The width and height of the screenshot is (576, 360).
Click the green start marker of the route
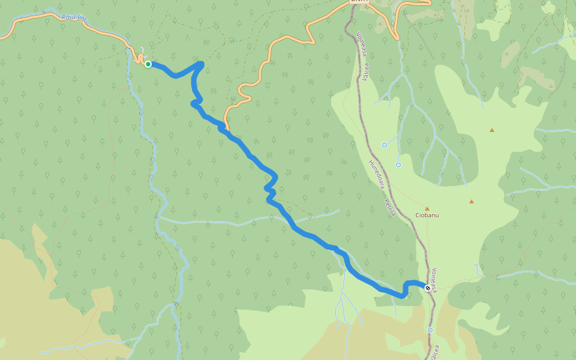tap(148, 64)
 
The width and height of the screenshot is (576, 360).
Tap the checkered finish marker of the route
tap(428, 288)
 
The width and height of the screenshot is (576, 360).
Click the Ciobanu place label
tap(427, 215)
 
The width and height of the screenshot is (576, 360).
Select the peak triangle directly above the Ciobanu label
tap(427, 208)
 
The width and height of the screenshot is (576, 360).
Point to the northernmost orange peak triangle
tap(492, 130)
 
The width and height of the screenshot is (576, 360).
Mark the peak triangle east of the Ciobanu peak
tap(472, 202)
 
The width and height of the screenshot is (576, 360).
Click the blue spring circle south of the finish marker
tap(430, 330)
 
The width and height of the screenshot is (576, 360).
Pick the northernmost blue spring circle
tap(385, 145)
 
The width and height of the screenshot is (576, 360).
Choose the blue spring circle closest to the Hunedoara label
tap(398, 164)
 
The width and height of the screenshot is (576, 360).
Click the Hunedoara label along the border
tap(376, 174)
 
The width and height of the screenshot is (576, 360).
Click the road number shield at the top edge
tap(358, 2)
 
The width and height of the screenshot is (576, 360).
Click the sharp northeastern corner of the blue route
tap(202, 63)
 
